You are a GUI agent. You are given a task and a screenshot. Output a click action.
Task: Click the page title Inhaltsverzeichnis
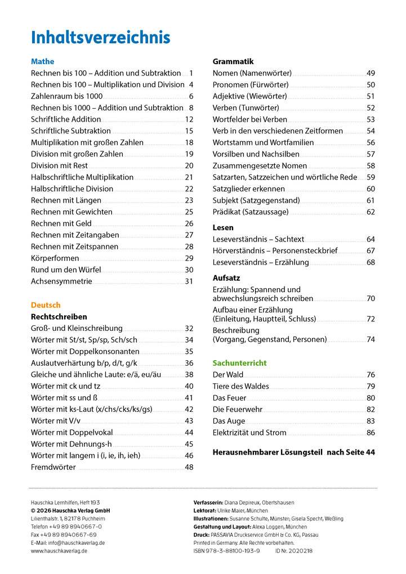[x=100, y=38]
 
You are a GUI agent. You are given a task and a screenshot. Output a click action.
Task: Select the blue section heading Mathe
[x=42, y=61]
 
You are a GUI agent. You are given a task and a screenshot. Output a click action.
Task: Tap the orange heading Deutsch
[x=46, y=305]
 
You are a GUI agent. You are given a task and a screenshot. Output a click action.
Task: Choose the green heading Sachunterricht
[x=239, y=363]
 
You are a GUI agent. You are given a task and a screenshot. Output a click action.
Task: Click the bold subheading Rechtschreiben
[x=59, y=317]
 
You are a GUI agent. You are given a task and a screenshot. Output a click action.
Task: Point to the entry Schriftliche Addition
[x=66, y=119]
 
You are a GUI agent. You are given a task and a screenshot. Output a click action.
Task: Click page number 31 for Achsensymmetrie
[x=189, y=281]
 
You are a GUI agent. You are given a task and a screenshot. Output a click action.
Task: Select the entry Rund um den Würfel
[x=66, y=270]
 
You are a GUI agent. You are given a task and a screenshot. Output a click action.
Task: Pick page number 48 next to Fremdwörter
[x=189, y=467]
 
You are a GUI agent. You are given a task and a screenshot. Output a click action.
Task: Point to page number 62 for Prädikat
[x=371, y=212]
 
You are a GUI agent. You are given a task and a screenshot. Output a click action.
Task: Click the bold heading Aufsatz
[x=226, y=278]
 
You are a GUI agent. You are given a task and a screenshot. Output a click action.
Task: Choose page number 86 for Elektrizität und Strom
[x=371, y=433]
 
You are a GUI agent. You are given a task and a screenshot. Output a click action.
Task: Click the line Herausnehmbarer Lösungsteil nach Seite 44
[x=293, y=452]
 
